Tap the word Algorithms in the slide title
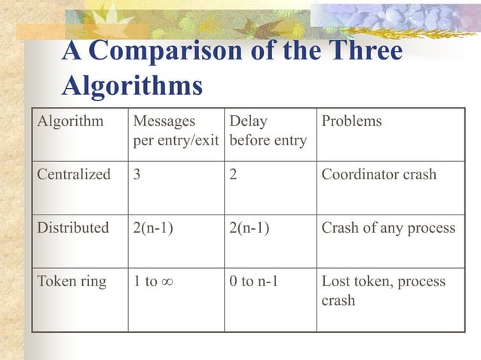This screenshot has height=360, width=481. pos(132,85)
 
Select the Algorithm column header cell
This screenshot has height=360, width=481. pos(71,121)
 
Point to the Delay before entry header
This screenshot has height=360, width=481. pos(268,131)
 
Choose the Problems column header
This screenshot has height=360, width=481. pos(351,121)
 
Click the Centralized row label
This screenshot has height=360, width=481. pos(75,175)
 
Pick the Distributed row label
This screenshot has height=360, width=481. pos(74,227)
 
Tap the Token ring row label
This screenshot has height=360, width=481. pos(72,282)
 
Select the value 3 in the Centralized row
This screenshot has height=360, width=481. pos(136,175)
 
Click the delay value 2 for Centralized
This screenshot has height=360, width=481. pos(234,175)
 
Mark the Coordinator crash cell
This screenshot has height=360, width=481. pos(378,175)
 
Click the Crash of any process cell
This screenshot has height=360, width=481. pos(388,227)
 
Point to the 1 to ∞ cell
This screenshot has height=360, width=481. pos(155,282)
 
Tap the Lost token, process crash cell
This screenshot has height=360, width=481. pos(383,291)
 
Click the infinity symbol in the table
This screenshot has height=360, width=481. pos(169,282)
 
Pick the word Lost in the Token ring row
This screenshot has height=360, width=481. pos(335,282)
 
